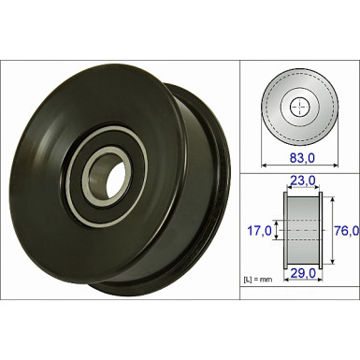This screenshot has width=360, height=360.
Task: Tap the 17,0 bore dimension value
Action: [258, 230]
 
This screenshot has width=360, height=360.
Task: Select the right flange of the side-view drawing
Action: [319, 230]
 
